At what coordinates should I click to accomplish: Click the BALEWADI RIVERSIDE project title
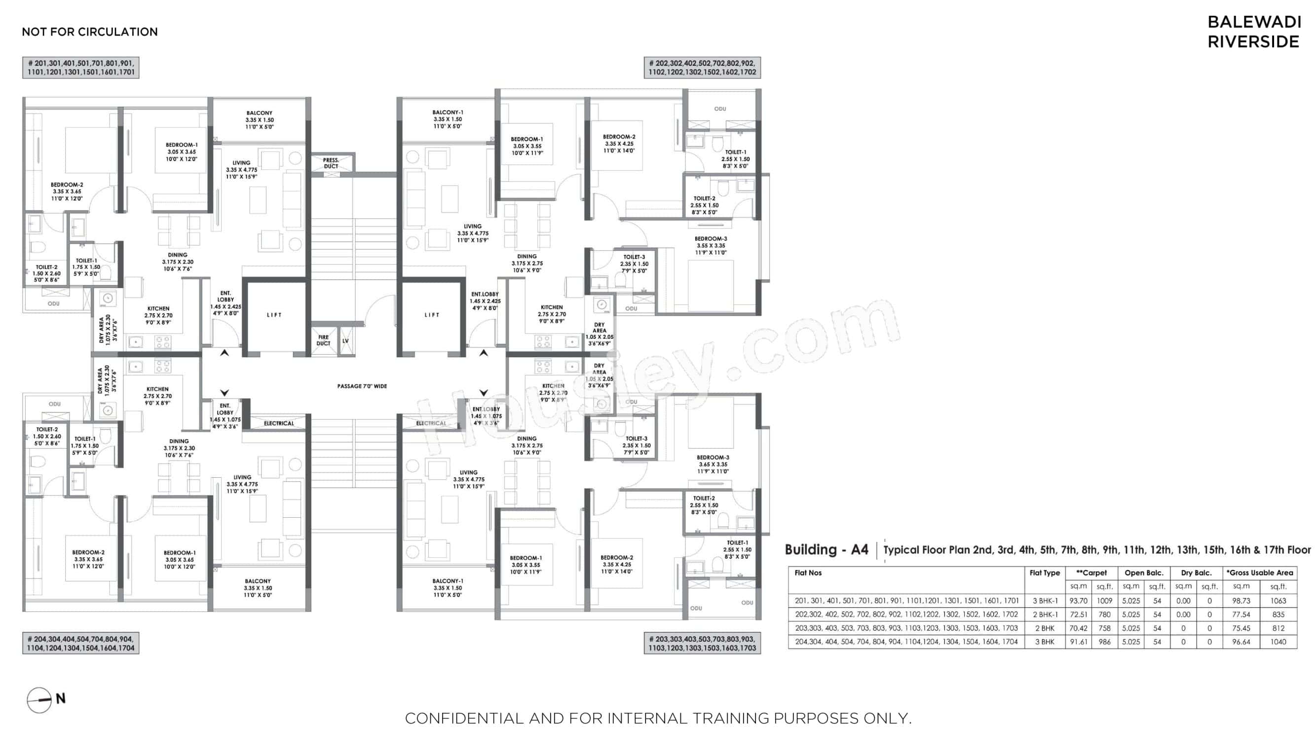tap(1254, 32)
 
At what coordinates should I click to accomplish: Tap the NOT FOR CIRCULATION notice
tap(90, 32)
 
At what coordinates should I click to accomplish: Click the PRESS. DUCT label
tap(331, 163)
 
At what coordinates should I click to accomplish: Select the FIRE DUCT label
tap(323, 340)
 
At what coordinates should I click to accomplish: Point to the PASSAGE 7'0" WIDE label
tap(362, 386)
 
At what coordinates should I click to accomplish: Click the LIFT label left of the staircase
tap(274, 315)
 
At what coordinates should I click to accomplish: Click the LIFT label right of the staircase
tap(432, 315)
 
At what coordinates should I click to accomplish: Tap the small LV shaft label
tap(346, 340)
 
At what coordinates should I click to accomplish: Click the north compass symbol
tap(40, 700)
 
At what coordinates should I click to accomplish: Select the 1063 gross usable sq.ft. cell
tap(1278, 601)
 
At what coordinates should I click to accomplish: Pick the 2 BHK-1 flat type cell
tap(1045, 614)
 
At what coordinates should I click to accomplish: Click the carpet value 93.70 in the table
tap(1078, 601)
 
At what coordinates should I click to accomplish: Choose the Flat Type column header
tap(1045, 573)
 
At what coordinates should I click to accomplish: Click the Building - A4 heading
tap(826, 550)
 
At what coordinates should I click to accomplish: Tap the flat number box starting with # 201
tap(81, 68)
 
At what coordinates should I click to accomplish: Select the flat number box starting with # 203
tap(702, 643)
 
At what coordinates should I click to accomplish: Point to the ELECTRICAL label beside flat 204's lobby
tap(278, 423)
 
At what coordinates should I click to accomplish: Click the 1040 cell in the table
tap(1278, 642)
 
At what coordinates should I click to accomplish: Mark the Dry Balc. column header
tap(1196, 573)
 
